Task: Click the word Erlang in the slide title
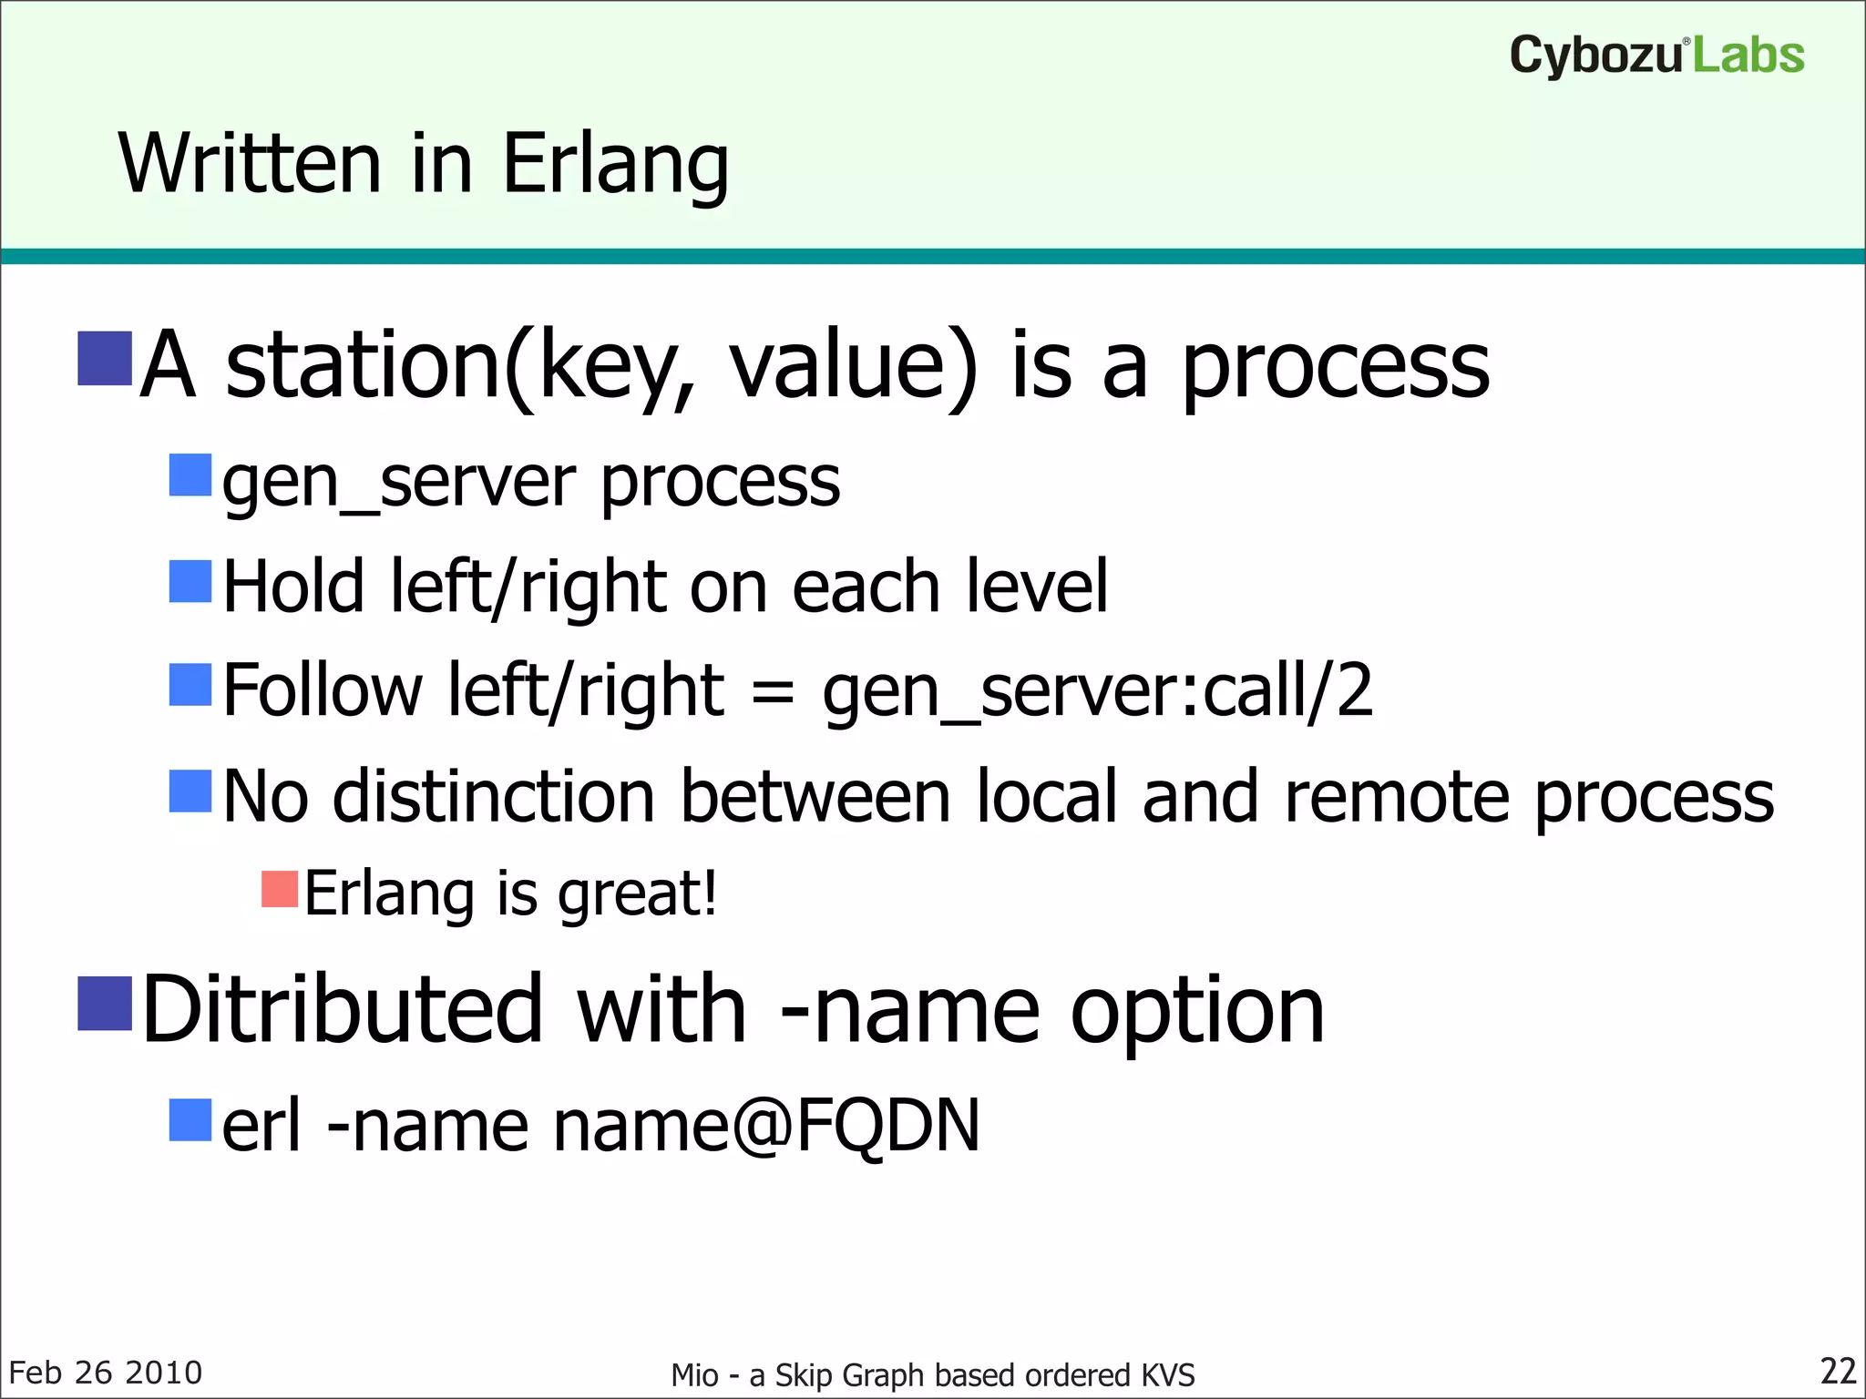(x=615, y=164)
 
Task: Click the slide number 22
(x=1837, y=1371)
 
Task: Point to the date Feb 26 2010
(x=105, y=1373)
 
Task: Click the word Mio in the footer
(x=694, y=1374)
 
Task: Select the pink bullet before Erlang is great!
(x=280, y=890)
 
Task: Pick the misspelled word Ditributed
(x=343, y=1009)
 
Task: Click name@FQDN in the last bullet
(x=766, y=1126)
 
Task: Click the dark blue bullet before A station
(x=105, y=359)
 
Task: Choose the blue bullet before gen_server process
(x=190, y=475)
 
